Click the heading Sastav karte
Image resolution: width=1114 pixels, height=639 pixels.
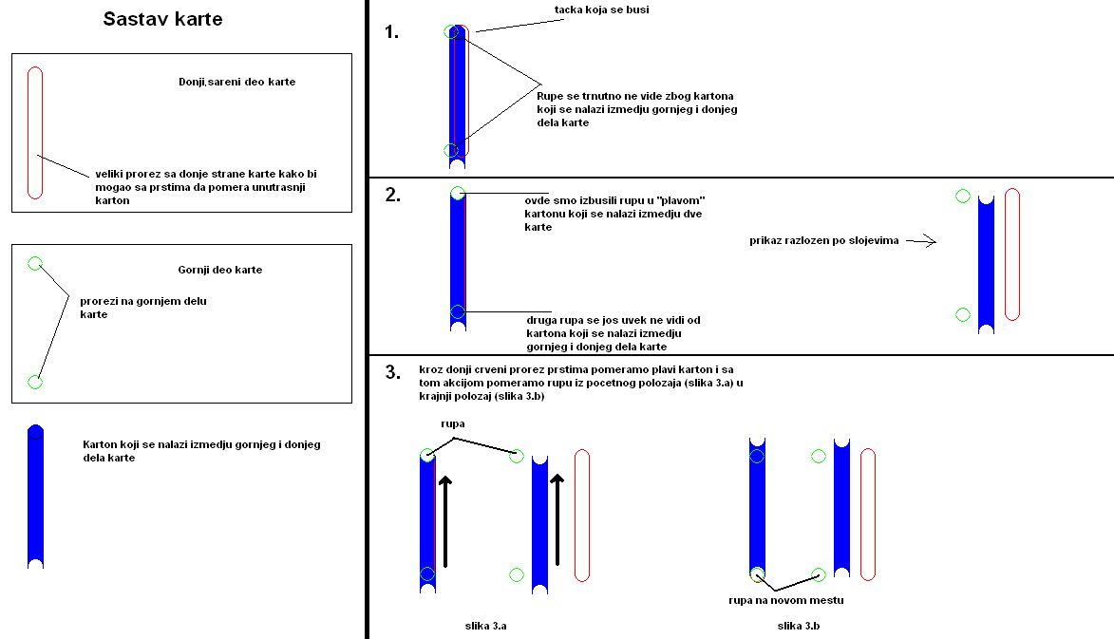click(162, 19)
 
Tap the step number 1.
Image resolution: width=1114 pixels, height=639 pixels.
click(392, 32)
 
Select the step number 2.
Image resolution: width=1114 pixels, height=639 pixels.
click(393, 197)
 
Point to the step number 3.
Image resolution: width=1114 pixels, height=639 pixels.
click(393, 372)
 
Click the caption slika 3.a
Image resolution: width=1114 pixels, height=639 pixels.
click(486, 626)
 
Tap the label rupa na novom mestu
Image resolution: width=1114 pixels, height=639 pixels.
click(785, 600)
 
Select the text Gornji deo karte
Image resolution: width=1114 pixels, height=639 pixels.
click(219, 270)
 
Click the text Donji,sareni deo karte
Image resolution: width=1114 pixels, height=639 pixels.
click(236, 82)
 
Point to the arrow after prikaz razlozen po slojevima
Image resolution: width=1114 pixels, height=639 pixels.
click(920, 241)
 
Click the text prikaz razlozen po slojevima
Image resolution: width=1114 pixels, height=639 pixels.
click(822, 241)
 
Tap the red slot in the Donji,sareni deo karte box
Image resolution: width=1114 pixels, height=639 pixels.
click(35, 133)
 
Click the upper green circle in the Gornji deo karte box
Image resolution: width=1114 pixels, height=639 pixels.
click(35, 263)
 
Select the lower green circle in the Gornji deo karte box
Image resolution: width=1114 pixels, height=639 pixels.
click(35, 382)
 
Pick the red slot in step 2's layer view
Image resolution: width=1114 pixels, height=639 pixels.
click(1011, 254)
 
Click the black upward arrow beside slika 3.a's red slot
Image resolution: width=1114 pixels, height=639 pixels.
click(557, 518)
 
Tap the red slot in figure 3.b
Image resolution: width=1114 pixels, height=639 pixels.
click(867, 514)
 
